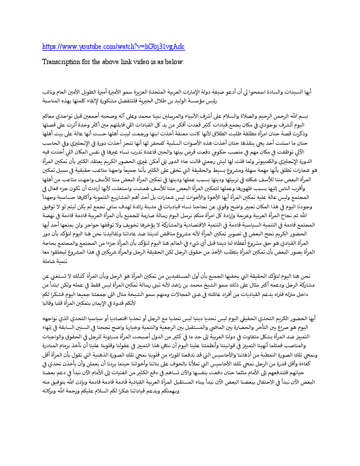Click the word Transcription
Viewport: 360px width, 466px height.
[x=64, y=61]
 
